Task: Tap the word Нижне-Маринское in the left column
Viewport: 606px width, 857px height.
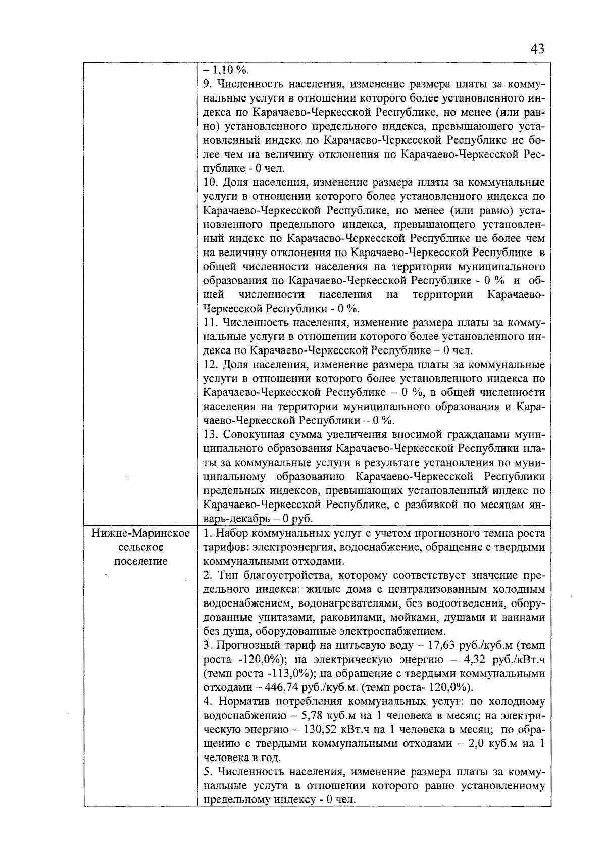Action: (x=141, y=534)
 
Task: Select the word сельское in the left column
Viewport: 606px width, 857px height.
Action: (x=140, y=547)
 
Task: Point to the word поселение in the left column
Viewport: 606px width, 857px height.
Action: (x=140, y=562)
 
